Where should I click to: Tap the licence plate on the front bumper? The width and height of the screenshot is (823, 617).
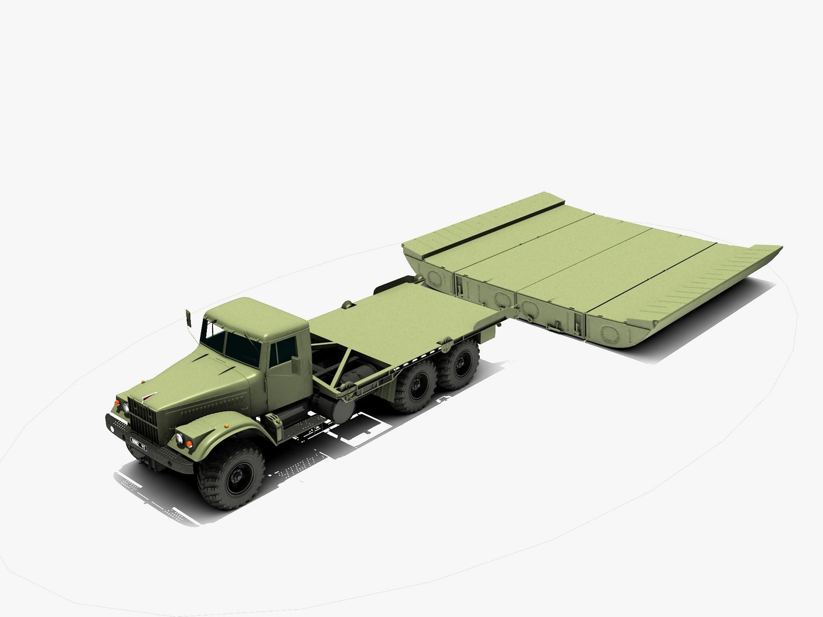pos(137,443)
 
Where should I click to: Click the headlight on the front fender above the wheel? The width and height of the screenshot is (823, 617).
pos(179,438)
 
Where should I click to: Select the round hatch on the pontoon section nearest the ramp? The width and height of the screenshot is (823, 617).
pos(609,331)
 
